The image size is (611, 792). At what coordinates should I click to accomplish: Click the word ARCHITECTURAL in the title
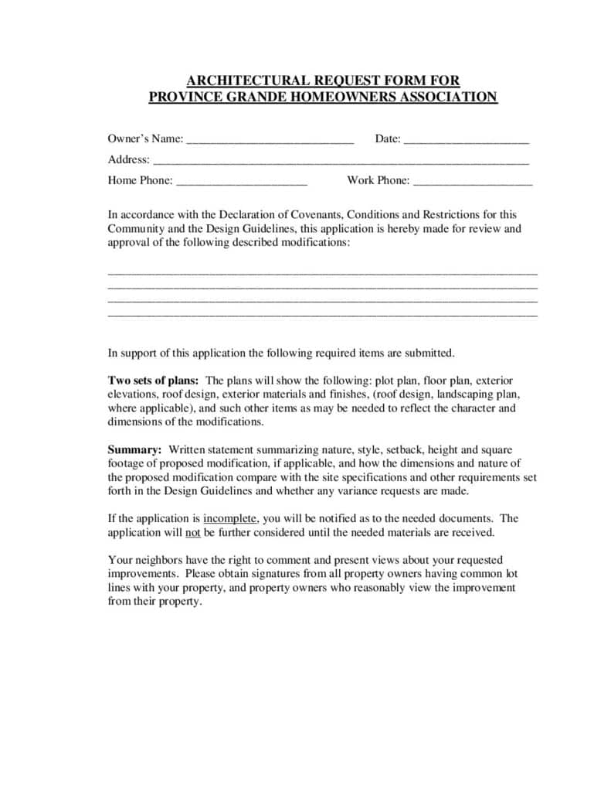[x=237, y=80]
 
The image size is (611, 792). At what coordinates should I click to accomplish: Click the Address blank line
[x=341, y=162]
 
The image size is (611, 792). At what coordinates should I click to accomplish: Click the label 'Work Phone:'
[x=378, y=180]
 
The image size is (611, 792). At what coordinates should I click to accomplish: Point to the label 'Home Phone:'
[x=141, y=180]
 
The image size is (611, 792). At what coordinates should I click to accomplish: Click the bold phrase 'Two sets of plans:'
[x=153, y=381]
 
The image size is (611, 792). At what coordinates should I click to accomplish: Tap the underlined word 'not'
[x=193, y=532]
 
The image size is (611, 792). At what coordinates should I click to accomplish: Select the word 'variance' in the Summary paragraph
[x=386, y=490]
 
